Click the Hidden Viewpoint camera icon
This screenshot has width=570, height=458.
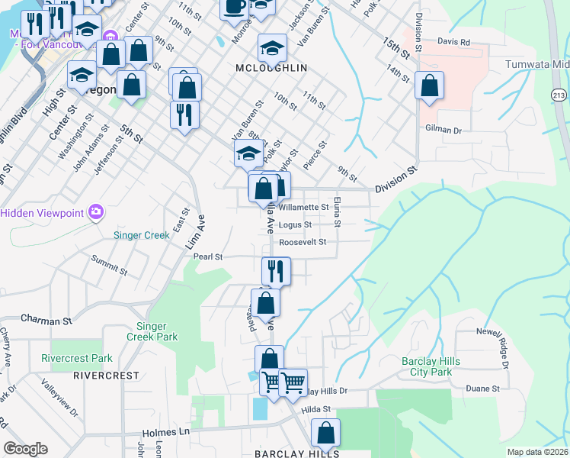(x=96, y=211)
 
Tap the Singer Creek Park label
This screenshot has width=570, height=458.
(x=151, y=331)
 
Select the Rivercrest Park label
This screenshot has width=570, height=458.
(x=77, y=358)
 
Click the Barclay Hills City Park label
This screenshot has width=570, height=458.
(x=427, y=366)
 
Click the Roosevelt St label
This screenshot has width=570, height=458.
(x=303, y=242)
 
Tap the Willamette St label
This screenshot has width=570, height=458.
(x=303, y=207)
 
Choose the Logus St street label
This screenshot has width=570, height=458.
(x=295, y=225)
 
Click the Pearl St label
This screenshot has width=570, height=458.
(x=207, y=257)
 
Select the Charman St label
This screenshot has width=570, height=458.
(x=46, y=319)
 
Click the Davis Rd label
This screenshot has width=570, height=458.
(x=454, y=42)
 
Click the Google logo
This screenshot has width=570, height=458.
(x=26, y=448)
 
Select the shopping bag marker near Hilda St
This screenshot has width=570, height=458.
(x=325, y=433)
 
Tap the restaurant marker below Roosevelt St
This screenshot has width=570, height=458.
(x=276, y=270)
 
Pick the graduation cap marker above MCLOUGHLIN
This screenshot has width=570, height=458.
(x=272, y=47)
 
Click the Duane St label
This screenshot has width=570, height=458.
(x=483, y=388)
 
